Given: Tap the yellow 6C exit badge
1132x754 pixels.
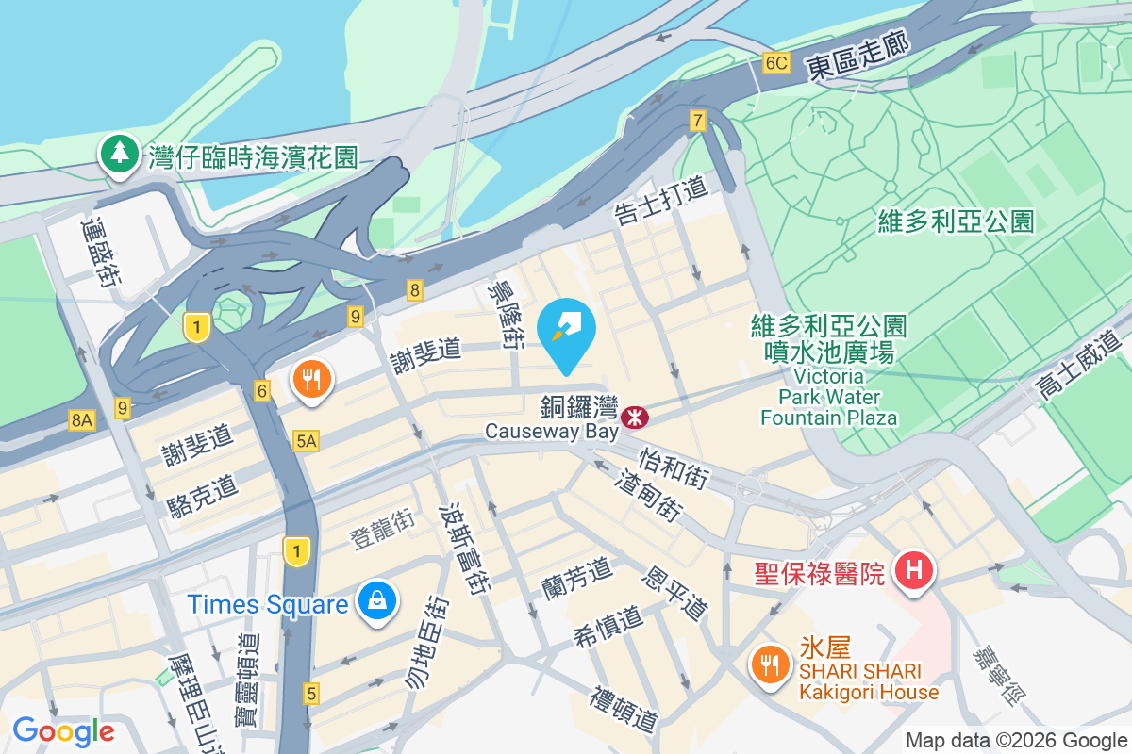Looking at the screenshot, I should [775, 63].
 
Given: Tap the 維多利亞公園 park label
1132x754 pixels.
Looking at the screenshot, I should [956, 221].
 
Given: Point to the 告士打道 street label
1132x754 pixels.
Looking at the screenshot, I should [660, 201].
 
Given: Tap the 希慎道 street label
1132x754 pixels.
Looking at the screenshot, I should [608, 627].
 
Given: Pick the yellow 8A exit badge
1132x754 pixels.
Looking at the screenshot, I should [81, 420].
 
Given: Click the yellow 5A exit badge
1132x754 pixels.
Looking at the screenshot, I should [306, 440].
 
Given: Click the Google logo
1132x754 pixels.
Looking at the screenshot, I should [63, 731].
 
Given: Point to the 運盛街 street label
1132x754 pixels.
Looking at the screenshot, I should [100, 254].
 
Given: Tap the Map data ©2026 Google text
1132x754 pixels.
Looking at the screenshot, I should [1016, 741].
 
